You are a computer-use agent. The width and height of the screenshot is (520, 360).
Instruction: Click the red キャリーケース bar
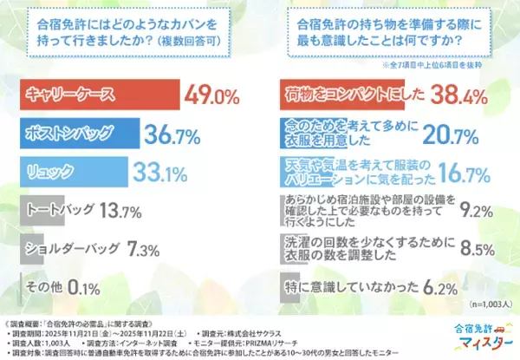tap(100, 92)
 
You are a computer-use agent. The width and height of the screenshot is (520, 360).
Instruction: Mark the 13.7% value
tap(120, 209)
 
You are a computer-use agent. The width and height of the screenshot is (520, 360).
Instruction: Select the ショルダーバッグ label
tap(70, 248)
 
